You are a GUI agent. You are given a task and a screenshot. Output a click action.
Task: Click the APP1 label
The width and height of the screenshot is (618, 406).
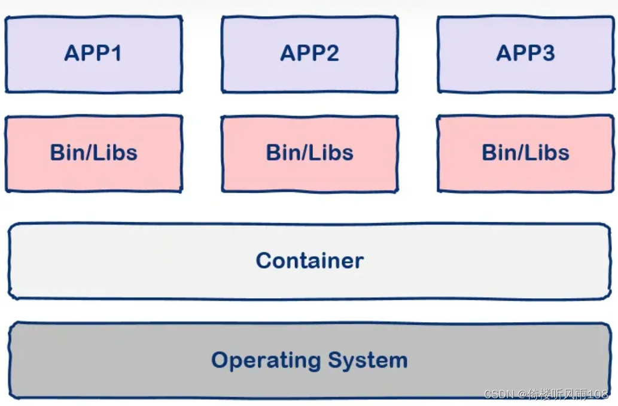93,53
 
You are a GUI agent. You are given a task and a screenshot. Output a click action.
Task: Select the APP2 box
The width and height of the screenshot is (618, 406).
310,54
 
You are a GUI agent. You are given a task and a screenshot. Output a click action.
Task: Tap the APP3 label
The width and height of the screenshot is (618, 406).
525,53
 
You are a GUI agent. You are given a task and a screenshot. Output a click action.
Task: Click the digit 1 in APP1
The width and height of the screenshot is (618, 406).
116,53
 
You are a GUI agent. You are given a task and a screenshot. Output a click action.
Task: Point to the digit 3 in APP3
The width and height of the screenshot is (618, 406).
548,53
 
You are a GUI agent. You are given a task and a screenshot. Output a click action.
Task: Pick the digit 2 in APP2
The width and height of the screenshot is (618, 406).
332,53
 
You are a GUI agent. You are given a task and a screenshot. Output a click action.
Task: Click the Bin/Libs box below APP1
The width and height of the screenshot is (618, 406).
94,153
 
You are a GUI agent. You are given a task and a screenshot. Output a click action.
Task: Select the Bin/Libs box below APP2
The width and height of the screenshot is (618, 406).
310,153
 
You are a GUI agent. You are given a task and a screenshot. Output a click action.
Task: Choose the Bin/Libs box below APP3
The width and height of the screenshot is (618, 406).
526,153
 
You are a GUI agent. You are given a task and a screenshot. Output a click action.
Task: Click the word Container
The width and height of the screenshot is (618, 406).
310,261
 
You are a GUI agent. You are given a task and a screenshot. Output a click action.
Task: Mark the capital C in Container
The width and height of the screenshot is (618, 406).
264,261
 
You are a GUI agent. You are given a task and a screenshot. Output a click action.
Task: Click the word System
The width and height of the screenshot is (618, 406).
368,360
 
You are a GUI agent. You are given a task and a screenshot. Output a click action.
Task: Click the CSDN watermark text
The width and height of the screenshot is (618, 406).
499,394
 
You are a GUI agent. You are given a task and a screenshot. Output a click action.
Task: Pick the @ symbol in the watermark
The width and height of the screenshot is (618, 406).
523,394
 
